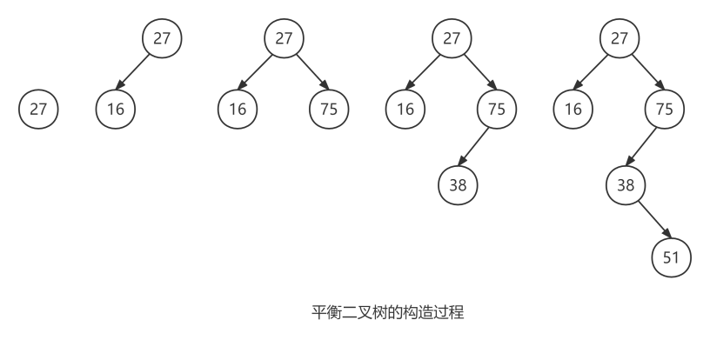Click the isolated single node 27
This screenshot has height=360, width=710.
[38, 109]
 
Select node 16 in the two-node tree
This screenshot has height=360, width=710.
[116, 109]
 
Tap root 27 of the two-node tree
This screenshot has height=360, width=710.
[162, 38]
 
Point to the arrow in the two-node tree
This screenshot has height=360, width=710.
[132, 72]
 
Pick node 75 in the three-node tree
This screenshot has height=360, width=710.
[329, 109]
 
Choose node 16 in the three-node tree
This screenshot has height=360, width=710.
[238, 109]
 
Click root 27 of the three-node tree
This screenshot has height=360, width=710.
[284, 38]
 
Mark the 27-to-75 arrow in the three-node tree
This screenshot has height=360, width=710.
[313, 72]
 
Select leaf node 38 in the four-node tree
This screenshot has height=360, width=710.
[458, 185]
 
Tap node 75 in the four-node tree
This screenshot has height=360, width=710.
[497, 109]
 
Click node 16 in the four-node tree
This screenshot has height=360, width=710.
[405, 109]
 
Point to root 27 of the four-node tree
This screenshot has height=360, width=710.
[452, 38]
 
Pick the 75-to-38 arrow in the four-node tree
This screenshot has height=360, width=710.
[473, 147]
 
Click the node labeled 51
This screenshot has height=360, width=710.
[672, 257]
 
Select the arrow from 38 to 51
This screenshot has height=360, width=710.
[655, 220]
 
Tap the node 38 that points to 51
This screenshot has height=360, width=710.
[626, 185]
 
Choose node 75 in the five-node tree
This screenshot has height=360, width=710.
[664, 109]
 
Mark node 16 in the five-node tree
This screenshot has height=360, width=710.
[573, 109]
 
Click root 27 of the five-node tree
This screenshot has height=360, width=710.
[620, 38]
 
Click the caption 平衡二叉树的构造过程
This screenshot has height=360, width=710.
[388, 312]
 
